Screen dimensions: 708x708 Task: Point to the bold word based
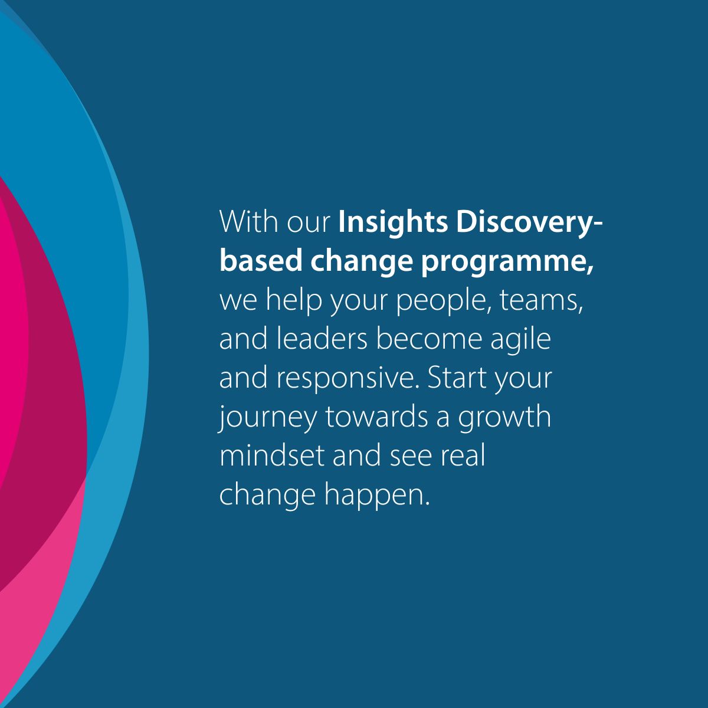[x=260, y=261]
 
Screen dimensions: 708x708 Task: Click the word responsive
[x=347, y=379]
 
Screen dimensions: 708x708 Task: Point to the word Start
[x=457, y=378]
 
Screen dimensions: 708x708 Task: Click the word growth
[x=504, y=418]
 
